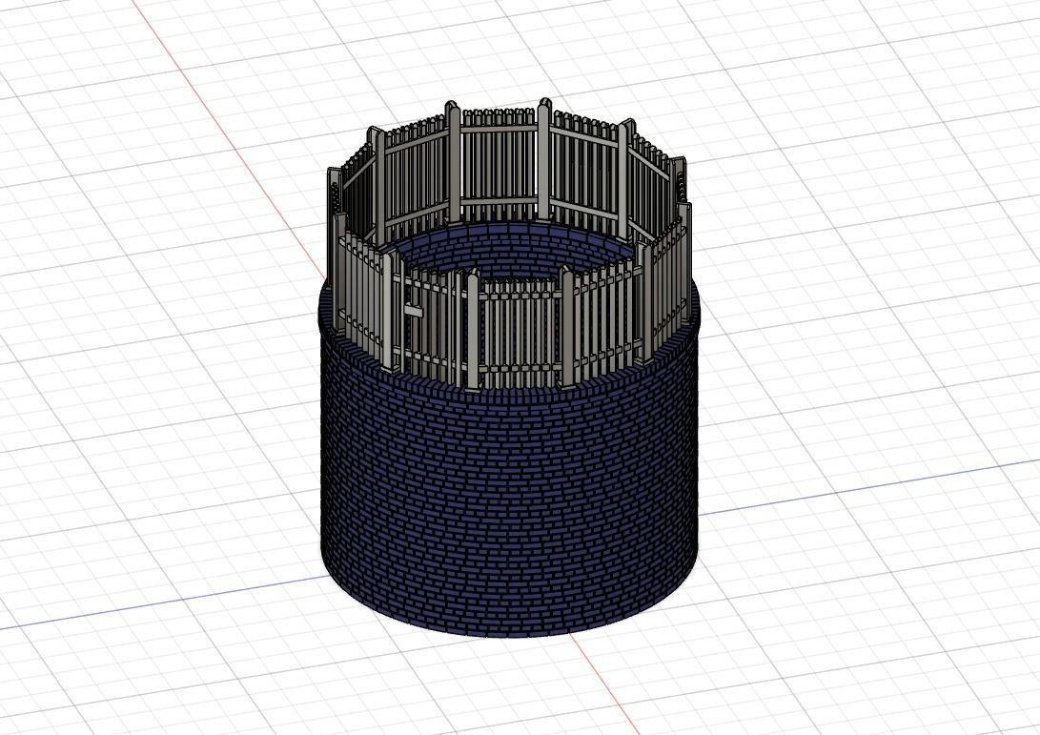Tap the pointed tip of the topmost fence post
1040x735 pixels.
(x=544, y=101)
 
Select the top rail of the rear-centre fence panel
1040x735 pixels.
(x=498, y=127)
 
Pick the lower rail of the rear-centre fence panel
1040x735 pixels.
(x=498, y=200)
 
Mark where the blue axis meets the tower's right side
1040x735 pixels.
(x=699, y=514)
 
